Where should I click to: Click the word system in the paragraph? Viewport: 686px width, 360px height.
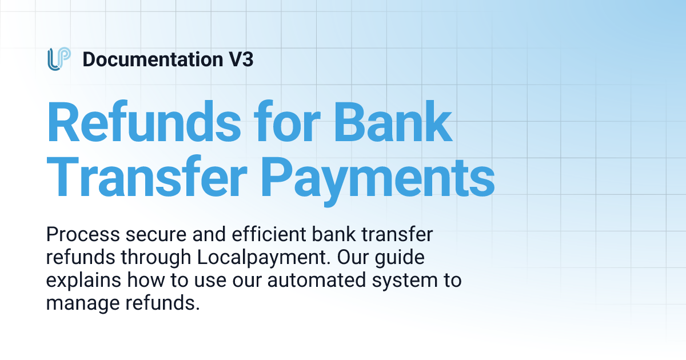398,281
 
